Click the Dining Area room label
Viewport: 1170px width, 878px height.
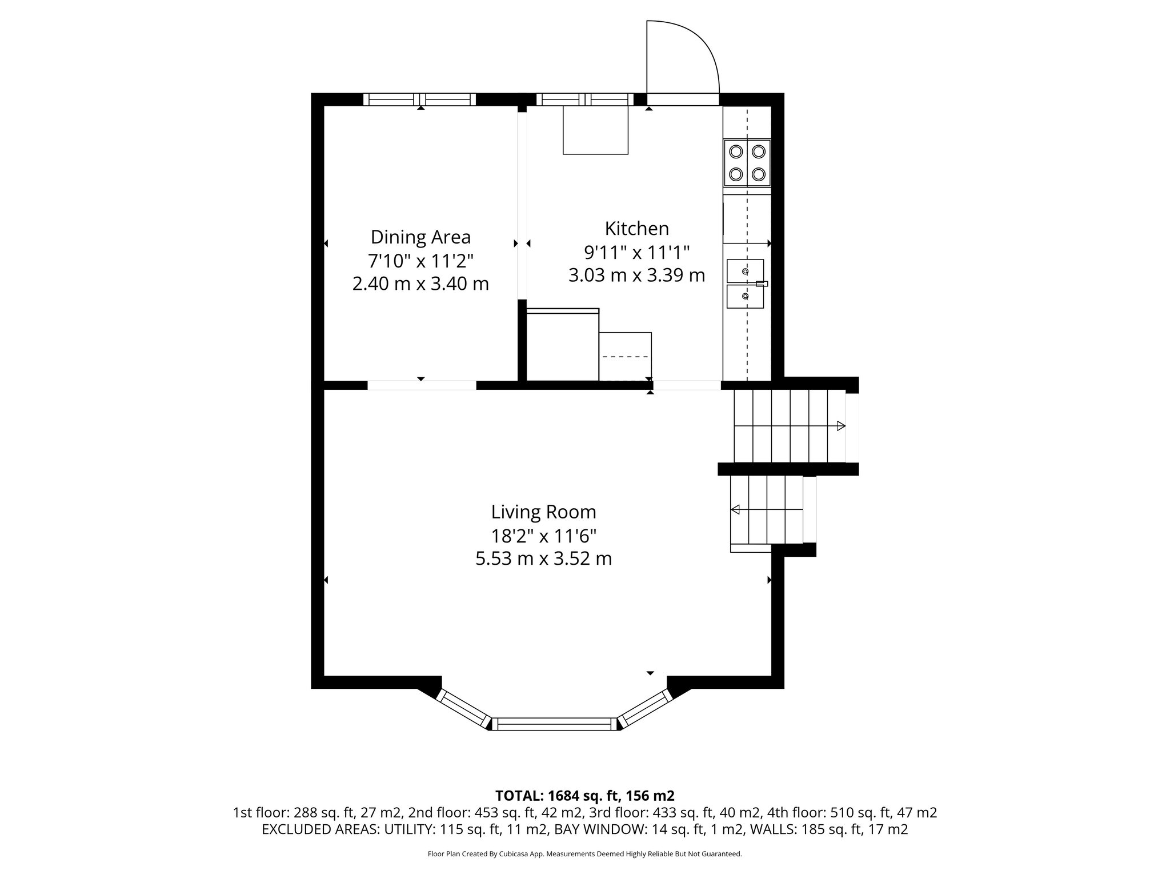click(x=420, y=237)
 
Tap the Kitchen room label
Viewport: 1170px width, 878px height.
click(x=636, y=229)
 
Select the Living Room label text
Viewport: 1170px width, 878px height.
click(x=543, y=512)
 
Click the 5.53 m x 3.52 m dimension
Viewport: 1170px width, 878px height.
click(x=543, y=558)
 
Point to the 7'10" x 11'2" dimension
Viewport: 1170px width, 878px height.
click(x=420, y=261)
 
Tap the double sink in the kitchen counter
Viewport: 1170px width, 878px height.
click(x=745, y=284)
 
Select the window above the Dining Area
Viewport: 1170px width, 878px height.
click(x=420, y=99)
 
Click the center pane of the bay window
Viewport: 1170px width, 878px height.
click(x=554, y=724)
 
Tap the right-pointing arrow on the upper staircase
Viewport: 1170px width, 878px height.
click(x=840, y=426)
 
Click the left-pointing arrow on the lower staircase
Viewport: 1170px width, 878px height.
click(x=736, y=509)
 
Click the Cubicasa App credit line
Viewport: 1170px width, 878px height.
click(x=584, y=854)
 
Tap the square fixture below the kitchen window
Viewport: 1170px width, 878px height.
click(x=595, y=130)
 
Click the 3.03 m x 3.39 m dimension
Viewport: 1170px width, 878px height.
click(x=636, y=276)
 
